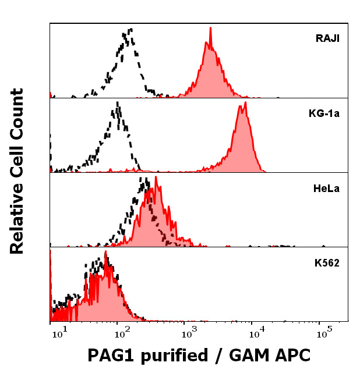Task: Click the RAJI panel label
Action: coord(328,39)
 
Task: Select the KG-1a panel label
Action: coord(324,113)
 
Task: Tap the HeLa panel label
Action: coord(327,188)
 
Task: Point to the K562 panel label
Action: coord(327,262)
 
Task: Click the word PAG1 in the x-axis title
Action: coord(113,354)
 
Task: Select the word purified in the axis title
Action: coord(175,355)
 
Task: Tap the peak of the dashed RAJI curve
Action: coord(131,29)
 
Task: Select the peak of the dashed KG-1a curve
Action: coord(118,102)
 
